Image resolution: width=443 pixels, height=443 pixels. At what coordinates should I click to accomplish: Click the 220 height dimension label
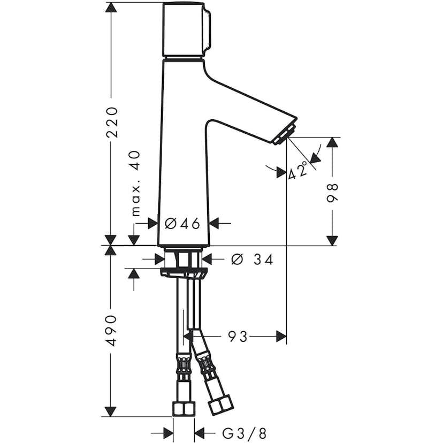tap(111, 122)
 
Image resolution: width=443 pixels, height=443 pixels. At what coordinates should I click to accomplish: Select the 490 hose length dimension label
tap(111, 330)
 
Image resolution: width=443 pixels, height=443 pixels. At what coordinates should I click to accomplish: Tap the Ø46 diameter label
tap(182, 224)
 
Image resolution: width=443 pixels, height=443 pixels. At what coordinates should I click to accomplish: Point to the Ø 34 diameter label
tap(251, 259)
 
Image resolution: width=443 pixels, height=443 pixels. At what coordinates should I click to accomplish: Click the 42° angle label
tap(299, 170)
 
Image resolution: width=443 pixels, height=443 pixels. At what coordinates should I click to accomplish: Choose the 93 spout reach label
tap(238, 337)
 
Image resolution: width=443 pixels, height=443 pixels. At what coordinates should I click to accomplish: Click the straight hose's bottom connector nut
tap(183, 409)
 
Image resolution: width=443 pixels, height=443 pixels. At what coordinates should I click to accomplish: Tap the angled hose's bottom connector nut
tap(220, 404)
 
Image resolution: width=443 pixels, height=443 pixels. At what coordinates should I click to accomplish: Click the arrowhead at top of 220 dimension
tap(111, 7)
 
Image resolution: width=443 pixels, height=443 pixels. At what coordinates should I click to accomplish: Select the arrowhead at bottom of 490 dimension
tap(111, 411)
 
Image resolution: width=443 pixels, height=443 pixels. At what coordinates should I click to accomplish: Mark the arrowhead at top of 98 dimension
tap(333, 142)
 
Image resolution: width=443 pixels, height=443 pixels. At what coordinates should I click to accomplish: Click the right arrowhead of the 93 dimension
tap(281, 337)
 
